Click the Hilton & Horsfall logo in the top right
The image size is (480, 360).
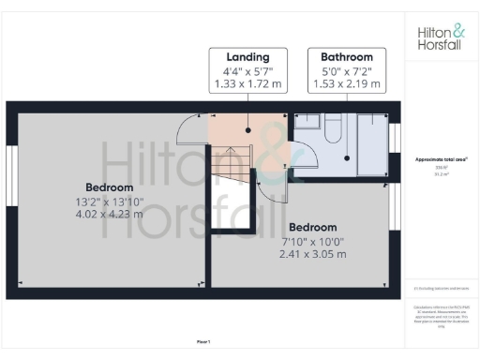point(441,37)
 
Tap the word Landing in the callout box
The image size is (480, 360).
point(247,56)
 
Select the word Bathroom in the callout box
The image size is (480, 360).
point(346,56)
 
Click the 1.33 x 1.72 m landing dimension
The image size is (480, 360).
point(247,84)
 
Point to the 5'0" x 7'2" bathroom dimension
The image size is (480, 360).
point(346,70)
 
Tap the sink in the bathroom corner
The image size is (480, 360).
point(307,121)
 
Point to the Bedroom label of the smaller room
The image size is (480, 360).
point(313,228)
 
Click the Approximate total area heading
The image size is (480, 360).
point(441,160)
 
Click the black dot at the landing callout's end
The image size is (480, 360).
point(247,132)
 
